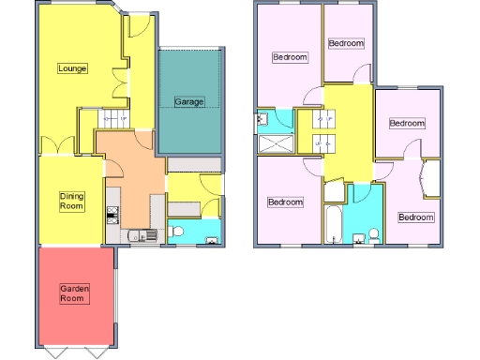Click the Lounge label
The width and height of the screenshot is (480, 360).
point(72,68)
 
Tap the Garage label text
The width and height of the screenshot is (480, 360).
point(188,101)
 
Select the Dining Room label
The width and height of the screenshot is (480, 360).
point(72,200)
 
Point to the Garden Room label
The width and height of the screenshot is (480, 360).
point(74,293)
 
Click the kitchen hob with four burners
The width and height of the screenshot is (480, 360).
point(113,215)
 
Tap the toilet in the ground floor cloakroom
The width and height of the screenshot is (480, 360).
point(177,230)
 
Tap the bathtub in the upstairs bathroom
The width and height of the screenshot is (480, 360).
point(333,224)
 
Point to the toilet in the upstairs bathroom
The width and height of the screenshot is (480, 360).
point(372,233)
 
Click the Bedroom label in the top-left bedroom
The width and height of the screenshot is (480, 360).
point(289,57)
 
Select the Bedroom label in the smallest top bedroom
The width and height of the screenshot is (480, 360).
point(346,43)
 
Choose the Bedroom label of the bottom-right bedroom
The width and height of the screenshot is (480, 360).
point(415,217)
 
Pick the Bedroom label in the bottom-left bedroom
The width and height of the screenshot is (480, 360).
point(285,202)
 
